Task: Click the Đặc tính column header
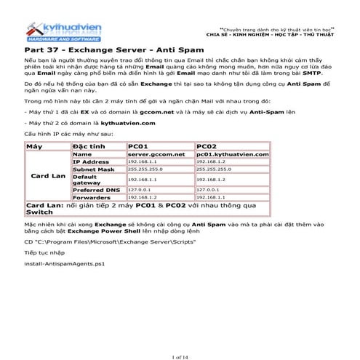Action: (x=87, y=145)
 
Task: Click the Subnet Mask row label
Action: (x=93, y=169)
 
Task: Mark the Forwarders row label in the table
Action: (x=91, y=196)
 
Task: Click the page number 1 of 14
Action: (x=180, y=335)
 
